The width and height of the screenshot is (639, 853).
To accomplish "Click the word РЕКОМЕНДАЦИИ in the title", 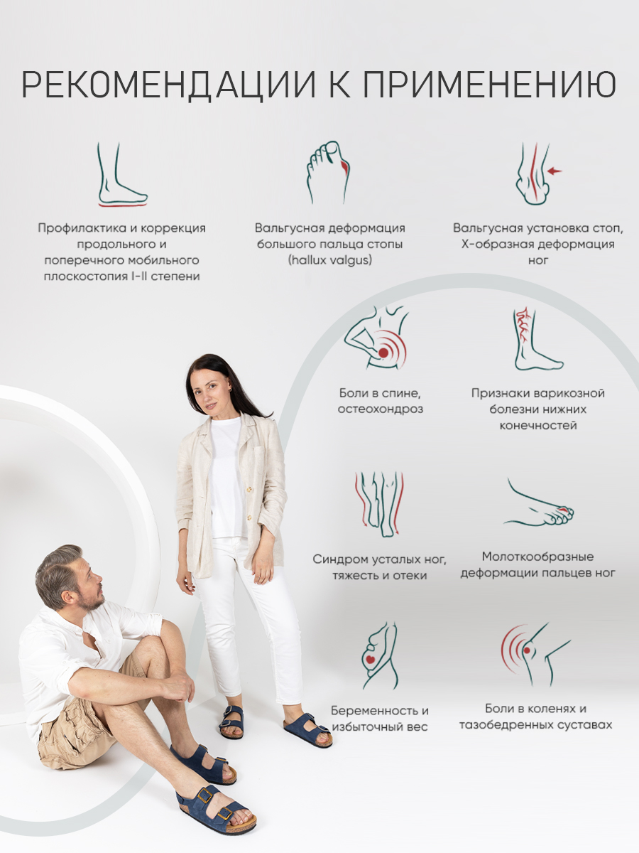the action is [x=168, y=85].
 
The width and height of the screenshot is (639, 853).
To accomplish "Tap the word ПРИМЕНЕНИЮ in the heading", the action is [x=490, y=84].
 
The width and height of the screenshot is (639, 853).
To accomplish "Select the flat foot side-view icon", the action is [x=122, y=174].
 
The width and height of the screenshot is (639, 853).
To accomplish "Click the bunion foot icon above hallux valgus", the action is [x=329, y=172].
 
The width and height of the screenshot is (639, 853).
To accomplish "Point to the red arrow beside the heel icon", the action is [x=554, y=171].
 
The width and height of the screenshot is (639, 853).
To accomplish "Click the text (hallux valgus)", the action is [x=329, y=260].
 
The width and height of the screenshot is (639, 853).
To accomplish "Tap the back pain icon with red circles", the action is [x=376, y=338].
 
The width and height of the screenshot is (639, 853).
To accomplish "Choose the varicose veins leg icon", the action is [x=537, y=339].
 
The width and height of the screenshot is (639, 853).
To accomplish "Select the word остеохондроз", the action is [x=381, y=409].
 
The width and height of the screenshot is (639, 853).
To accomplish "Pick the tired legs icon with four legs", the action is [x=379, y=505].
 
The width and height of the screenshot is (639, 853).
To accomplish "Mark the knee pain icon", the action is [x=535, y=654].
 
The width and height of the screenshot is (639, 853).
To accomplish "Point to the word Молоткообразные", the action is [x=537, y=557].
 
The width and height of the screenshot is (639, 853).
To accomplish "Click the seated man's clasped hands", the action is [x=177, y=687].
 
